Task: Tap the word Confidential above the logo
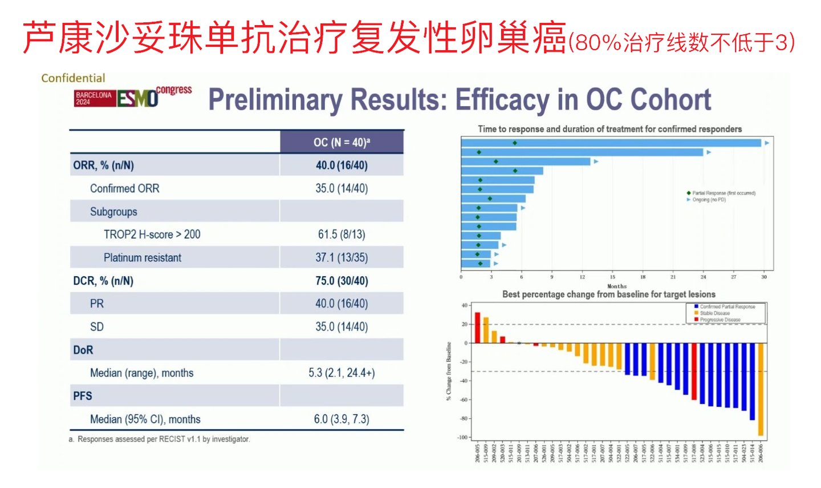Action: [73, 78]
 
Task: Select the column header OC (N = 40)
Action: [342, 142]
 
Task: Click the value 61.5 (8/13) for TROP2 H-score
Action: [342, 235]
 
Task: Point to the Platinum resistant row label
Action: [142, 258]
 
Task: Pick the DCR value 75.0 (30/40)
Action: [342, 281]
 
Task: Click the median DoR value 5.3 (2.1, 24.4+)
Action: [342, 373]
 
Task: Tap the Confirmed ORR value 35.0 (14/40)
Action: [342, 188]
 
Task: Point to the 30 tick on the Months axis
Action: [764, 277]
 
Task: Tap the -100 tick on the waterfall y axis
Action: [462, 437]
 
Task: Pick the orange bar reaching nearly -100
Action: [761, 389]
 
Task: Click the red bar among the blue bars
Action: [694, 371]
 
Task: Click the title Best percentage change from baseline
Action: [608, 295]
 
